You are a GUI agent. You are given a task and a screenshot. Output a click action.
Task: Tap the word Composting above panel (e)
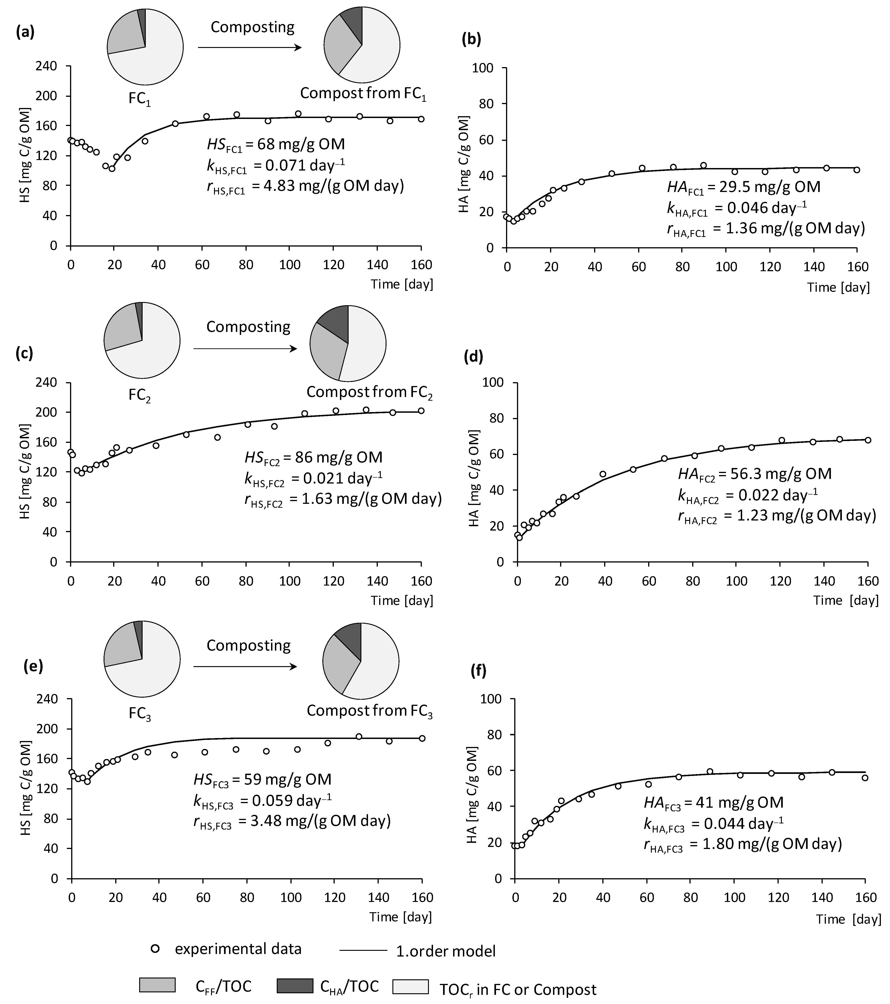[x=248, y=645]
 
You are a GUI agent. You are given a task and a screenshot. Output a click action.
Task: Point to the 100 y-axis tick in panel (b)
[x=483, y=68]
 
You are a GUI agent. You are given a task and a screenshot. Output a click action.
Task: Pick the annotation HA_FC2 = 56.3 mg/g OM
[x=754, y=474]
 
